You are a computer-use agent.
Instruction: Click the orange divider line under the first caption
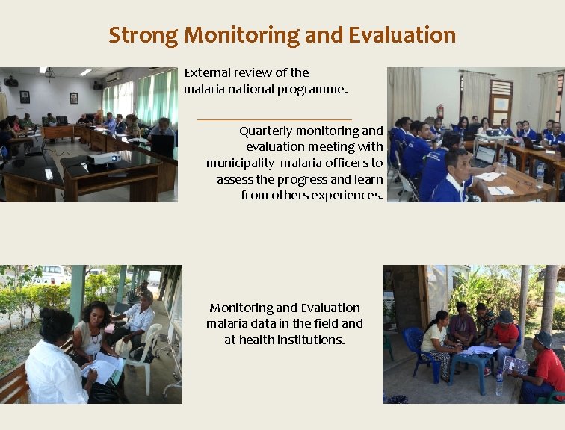click(274, 119)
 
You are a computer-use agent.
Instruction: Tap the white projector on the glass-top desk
click(103, 158)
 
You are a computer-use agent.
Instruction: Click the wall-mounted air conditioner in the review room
click(114, 76)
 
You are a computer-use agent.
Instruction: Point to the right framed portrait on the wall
click(73, 98)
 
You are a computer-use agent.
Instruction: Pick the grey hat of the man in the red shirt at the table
click(506, 317)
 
